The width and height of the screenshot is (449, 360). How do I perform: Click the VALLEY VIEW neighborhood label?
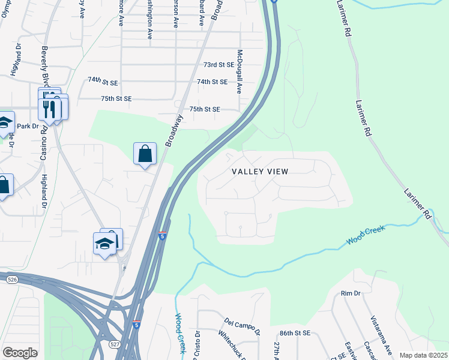260,172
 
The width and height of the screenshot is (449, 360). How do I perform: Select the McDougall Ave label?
239,71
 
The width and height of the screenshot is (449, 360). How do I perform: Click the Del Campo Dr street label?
243,326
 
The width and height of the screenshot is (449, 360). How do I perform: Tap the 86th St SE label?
295,332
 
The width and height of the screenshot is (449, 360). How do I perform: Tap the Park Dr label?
28,126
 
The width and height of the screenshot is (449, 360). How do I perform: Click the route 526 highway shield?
11,280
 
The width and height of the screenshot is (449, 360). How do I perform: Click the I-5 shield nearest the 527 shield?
137,325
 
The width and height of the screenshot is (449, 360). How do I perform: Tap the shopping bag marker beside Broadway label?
145,154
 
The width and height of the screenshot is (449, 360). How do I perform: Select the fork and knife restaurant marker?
49,109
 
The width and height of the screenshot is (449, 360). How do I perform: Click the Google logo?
20,353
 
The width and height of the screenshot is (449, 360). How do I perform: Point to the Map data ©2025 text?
423,355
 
